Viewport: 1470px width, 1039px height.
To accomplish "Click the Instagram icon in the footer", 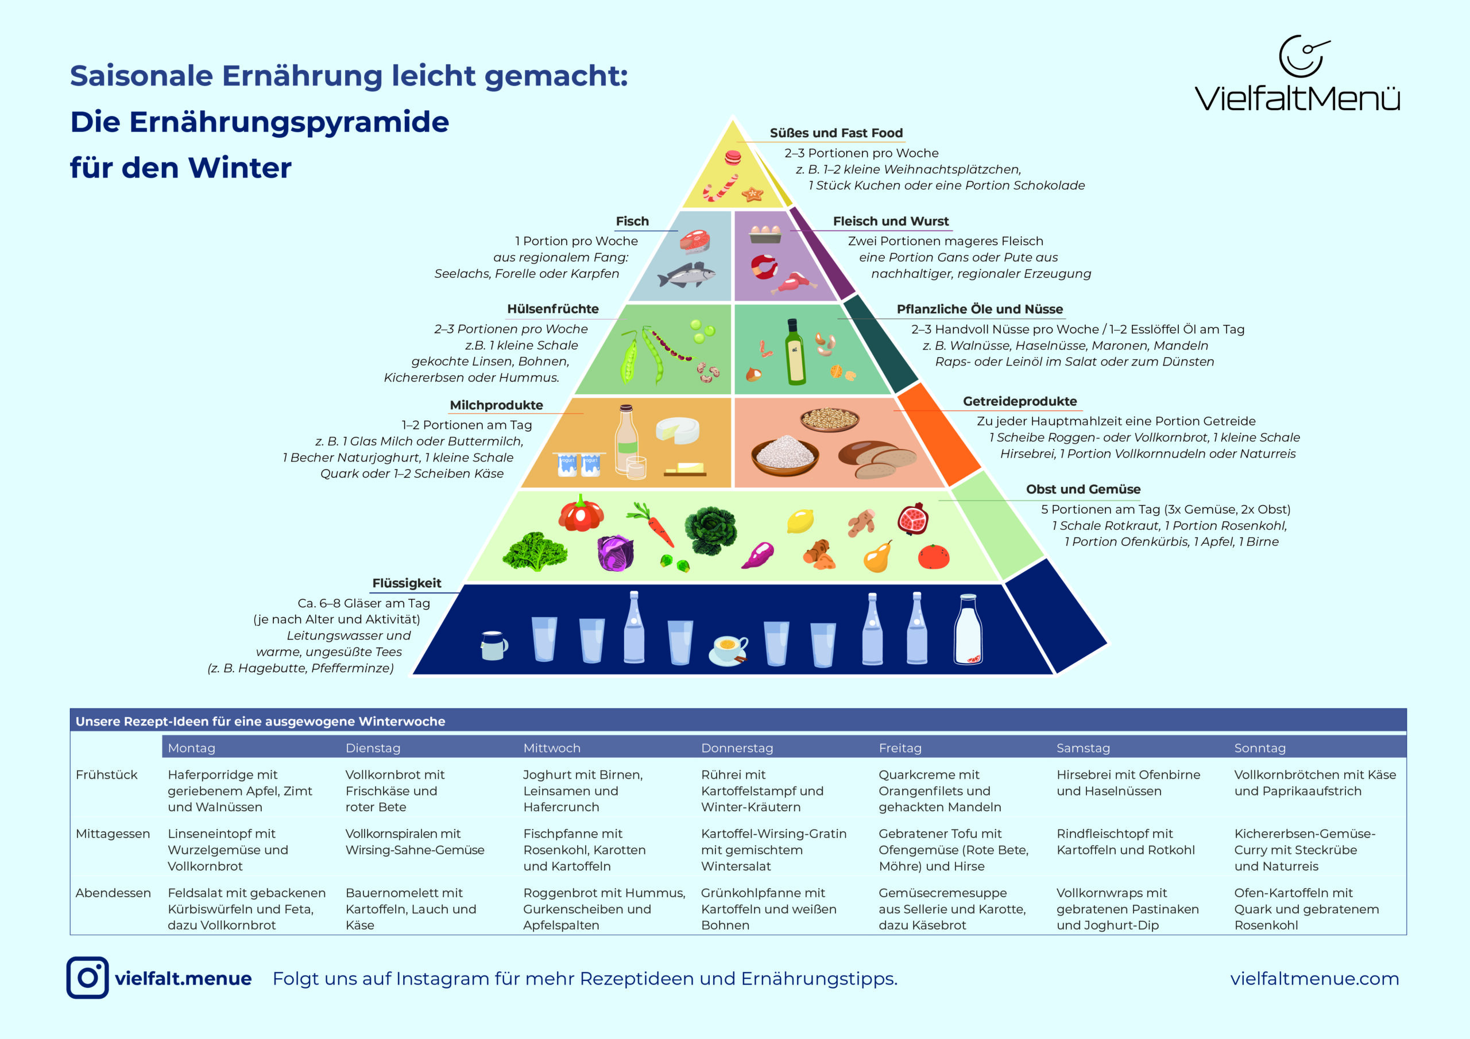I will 87,978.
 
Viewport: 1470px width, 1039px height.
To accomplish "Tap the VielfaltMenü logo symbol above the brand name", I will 1303,56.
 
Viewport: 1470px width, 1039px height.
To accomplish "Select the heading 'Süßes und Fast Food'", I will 835,133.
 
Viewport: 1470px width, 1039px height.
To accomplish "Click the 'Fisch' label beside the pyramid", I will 632,222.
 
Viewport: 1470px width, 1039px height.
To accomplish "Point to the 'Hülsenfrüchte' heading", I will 552,309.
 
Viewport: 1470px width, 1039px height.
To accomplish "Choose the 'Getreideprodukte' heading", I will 1019,401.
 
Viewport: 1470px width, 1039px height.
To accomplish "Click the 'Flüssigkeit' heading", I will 407,583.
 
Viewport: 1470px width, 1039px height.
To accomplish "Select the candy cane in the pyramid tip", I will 720,188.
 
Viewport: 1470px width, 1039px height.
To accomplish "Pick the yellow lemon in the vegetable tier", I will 800,521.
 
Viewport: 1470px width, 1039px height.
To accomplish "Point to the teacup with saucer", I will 729,650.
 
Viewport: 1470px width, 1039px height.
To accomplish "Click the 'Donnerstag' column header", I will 737,748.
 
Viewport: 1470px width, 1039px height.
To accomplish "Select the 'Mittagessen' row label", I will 113,833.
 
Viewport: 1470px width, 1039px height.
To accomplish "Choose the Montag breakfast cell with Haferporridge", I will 239,790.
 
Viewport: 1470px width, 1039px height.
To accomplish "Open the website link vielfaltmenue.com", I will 1314,978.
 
